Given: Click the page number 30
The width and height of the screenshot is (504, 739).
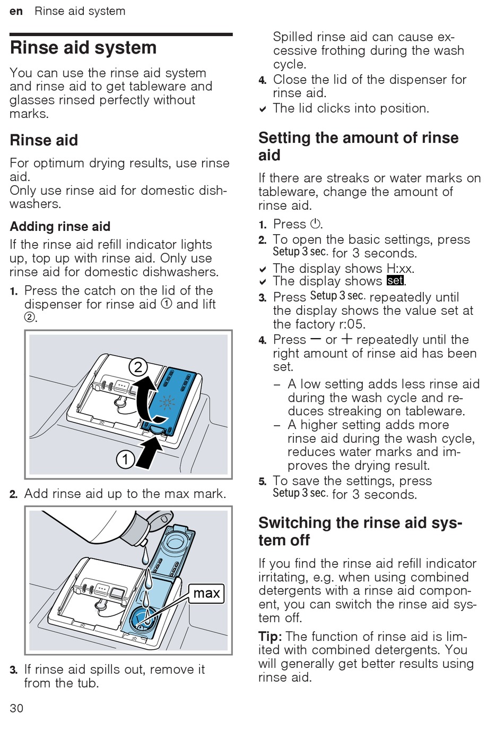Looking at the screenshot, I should (16, 708).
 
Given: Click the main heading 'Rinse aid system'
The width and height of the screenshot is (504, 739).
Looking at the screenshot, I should (83, 48).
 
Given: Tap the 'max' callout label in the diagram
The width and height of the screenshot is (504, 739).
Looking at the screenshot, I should (206, 593).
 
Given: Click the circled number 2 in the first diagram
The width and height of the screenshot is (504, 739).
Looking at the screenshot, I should (138, 367).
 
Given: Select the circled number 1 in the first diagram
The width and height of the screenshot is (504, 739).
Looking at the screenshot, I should (125, 459).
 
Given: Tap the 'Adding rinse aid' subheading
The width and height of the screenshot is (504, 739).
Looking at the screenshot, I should (60, 227).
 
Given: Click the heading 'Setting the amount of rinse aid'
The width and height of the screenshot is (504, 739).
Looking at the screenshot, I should (358, 147).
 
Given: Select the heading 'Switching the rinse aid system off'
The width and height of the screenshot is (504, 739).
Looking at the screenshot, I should (360, 531).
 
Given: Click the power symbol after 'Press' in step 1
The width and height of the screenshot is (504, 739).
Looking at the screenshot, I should (315, 224).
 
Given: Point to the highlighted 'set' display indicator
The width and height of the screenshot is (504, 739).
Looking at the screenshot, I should (395, 281).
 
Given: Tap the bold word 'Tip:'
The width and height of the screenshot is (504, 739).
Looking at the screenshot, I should (270, 637).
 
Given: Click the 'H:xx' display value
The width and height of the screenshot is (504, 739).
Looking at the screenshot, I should (400, 269).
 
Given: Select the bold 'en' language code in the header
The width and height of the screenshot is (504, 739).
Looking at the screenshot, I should (16, 11).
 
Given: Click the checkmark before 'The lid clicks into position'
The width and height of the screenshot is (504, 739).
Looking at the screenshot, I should (263, 109).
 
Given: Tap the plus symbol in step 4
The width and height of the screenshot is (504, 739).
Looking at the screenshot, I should (346, 340).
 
